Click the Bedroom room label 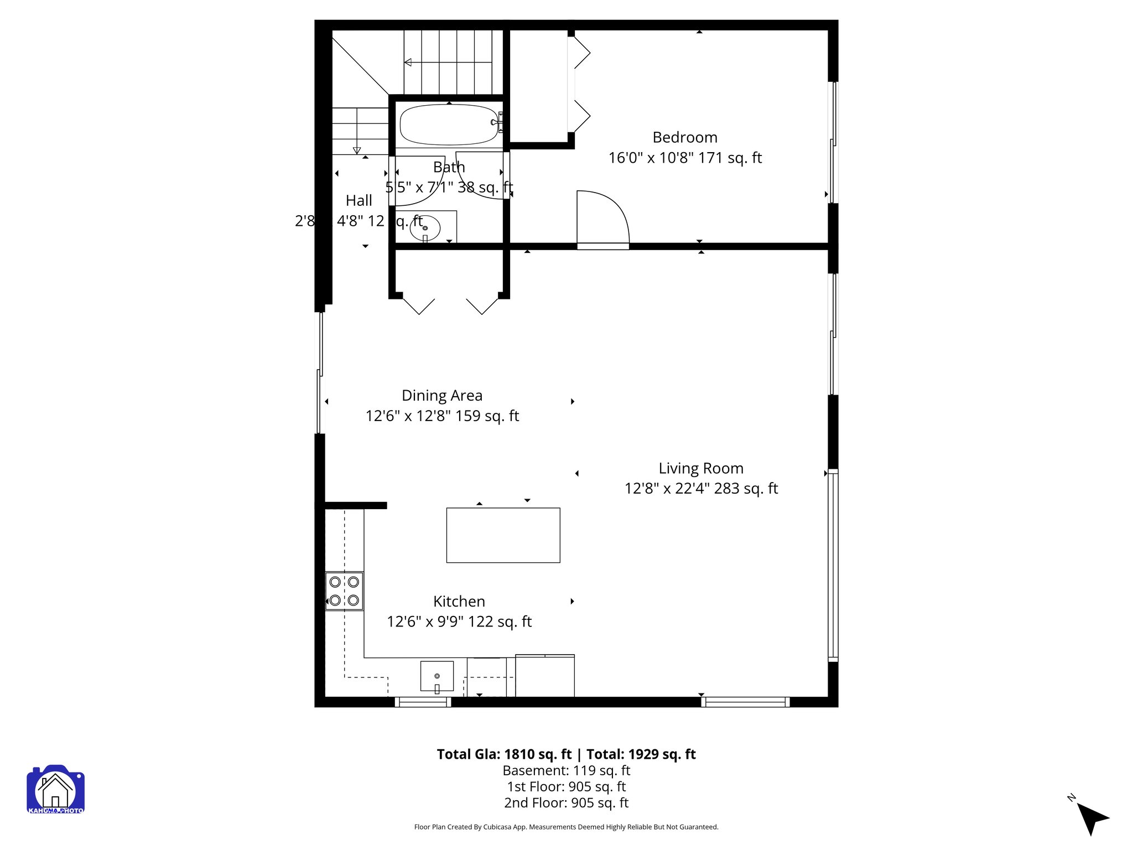pyautogui.click(x=684, y=137)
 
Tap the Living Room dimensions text pyautogui.click(x=701, y=489)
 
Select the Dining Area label pyautogui.click(x=441, y=396)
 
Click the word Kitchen pyautogui.click(x=459, y=602)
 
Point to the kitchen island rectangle pyautogui.click(x=503, y=535)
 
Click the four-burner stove pyautogui.click(x=344, y=591)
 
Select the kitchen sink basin pyautogui.click(x=436, y=676)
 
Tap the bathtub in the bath pyautogui.click(x=449, y=125)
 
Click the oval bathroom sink pyautogui.click(x=425, y=228)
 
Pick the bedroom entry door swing pyautogui.click(x=602, y=219)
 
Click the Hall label pyautogui.click(x=358, y=201)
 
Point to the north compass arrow pyautogui.click(x=1092, y=818)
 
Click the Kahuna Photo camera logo pyautogui.click(x=55, y=789)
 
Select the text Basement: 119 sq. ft pyautogui.click(x=566, y=770)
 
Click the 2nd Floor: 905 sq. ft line pyautogui.click(x=566, y=802)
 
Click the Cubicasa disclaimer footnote pyautogui.click(x=566, y=827)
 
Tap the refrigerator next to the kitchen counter pyautogui.click(x=544, y=676)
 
